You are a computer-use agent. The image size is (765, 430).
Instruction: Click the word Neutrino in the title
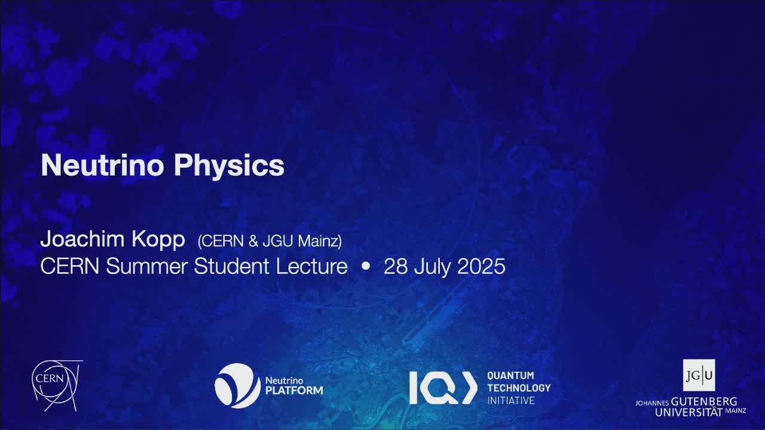coord(102,165)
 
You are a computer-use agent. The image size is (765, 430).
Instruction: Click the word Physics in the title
coord(229,167)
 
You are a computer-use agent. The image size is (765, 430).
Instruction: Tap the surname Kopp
coord(158,240)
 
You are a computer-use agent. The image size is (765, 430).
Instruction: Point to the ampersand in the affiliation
coord(253,241)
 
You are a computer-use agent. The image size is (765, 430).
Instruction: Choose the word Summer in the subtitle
coord(147,266)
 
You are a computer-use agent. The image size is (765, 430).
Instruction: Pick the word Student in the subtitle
coord(231,266)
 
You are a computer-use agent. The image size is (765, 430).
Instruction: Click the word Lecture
coord(312,266)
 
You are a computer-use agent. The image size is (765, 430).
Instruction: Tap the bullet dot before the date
coord(365,266)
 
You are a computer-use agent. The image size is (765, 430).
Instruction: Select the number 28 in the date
coord(396,266)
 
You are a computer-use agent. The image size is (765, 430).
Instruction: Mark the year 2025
coord(481,266)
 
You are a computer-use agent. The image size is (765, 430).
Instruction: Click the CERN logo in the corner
coord(57,386)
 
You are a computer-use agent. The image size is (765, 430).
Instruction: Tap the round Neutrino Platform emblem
coord(237,386)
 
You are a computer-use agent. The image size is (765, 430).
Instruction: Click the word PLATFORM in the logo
coord(294,391)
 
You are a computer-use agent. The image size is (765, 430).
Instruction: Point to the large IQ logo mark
coord(443,388)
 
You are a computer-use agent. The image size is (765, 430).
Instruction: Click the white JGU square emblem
coord(699,375)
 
